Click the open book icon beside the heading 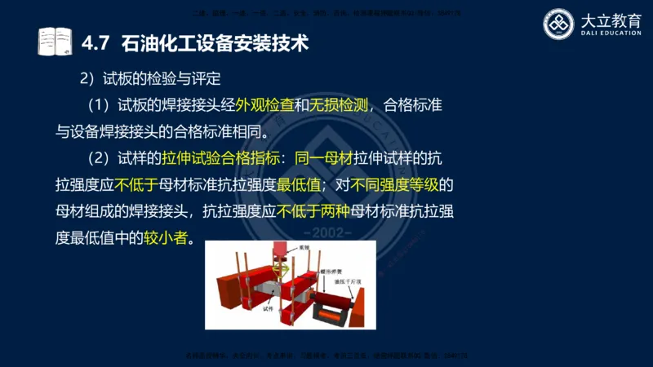55,41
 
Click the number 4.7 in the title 97,42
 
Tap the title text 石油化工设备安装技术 215,42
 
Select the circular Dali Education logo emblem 560,24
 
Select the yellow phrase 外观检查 264,105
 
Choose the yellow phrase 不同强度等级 403,183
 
